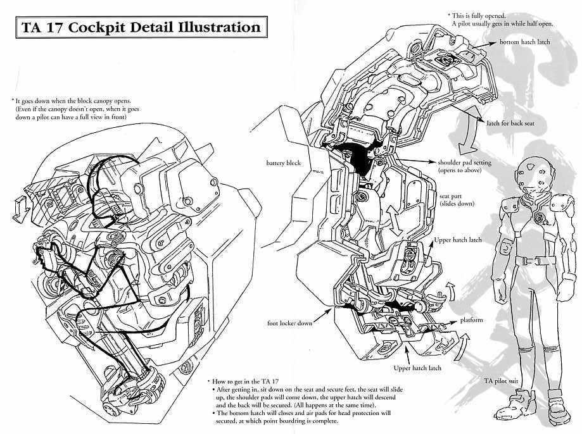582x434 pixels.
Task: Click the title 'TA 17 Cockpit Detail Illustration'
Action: [138, 28]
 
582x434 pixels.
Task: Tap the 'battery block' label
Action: [283, 163]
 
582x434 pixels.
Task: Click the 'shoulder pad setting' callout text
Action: [464, 163]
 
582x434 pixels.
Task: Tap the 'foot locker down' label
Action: [289, 323]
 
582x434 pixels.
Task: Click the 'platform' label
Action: [472, 320]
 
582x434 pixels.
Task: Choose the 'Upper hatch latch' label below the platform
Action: [416, 368]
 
